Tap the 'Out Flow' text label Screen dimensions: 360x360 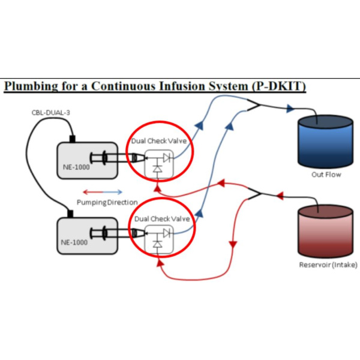(x=326, y=175)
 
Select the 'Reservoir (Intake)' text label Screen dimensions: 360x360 (x=326, y=265)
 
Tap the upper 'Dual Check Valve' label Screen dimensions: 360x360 (x=160, y=141)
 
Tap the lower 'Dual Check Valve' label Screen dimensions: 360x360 (x=160, y=219)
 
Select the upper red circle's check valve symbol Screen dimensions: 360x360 (x=161, y=162)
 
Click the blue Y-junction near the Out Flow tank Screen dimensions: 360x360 (x=256, y=107)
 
